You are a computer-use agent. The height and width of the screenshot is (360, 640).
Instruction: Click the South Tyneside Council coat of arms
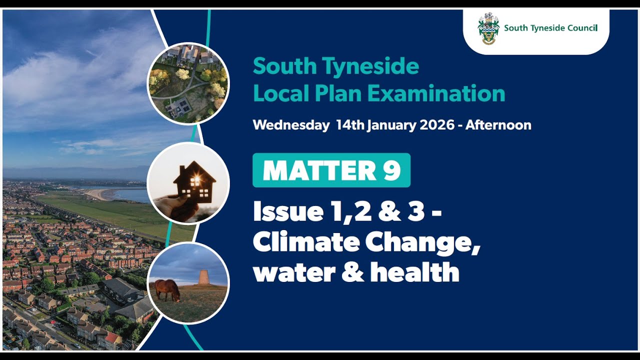click(488, 28)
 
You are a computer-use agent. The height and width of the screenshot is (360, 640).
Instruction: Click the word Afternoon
click(498, 125)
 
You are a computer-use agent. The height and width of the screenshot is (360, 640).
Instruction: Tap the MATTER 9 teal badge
click(331, 170)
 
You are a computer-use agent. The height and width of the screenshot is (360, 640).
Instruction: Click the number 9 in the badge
click(391, 170)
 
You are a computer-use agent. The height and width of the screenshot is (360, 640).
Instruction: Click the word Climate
click(306, 242)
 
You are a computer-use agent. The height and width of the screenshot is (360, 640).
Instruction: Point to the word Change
click(421, 243)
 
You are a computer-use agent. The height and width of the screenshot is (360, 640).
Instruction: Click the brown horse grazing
click(167, 289)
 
